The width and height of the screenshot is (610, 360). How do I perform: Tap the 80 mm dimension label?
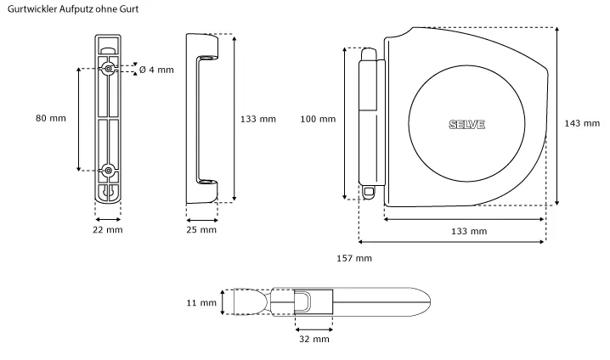51,118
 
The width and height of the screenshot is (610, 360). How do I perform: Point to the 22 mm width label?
107,229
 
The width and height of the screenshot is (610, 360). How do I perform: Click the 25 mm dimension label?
201,229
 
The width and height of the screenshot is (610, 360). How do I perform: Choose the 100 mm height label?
318,119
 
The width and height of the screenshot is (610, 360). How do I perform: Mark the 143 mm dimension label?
582,123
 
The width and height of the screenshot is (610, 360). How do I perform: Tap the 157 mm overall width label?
354,257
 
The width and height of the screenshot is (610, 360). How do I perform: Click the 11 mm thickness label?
202,302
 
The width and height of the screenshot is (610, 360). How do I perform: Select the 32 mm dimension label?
314,339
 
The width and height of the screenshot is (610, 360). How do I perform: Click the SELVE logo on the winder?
466,125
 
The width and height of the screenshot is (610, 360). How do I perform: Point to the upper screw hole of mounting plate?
109,67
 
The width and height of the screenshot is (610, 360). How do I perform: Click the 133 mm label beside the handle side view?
258,120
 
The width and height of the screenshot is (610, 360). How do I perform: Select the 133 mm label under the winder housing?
469,231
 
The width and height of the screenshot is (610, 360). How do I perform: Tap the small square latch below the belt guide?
368,193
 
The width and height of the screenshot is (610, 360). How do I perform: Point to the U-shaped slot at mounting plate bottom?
108,194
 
